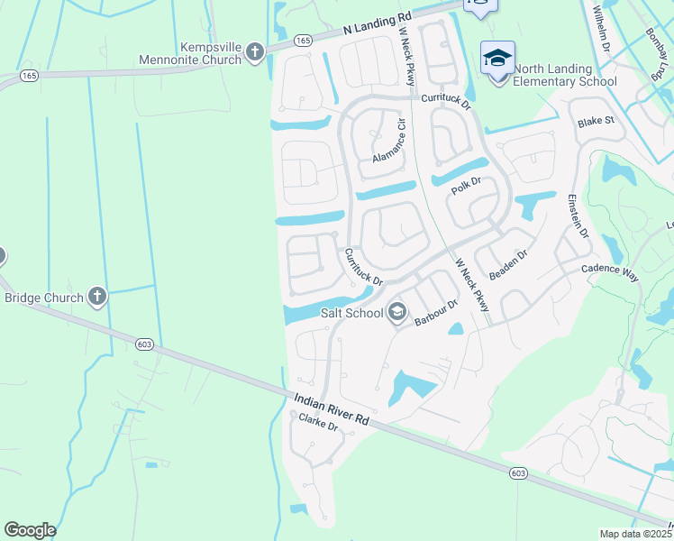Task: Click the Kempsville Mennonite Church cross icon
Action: coord(255,51)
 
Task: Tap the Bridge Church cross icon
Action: coord(97,297)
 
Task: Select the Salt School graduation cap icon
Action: coord(396,313)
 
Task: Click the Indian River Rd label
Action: coord(332,408)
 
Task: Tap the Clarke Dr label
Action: coord(318,422)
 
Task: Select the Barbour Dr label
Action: coord(437,312)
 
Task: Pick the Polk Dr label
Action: coord(467,184)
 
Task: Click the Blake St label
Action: coord(596,120)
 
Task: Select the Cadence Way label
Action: coord(610,273)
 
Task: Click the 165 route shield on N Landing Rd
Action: coord(304,41)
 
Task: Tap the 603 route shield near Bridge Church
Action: coord(144,344)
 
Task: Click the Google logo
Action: coord(30,530)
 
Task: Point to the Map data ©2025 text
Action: coord(636,534)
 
